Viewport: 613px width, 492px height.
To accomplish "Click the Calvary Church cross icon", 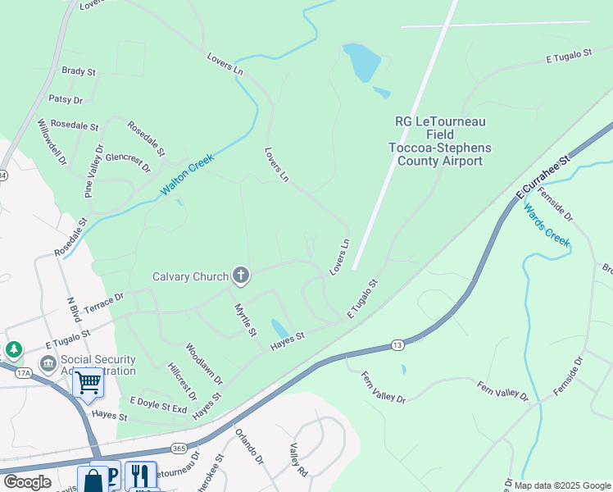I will pos(241,276).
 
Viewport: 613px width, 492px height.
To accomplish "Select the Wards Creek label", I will pos(546,224).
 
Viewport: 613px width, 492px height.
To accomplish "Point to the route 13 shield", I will pos(397,345).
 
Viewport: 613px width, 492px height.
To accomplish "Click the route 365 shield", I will pos(179,447).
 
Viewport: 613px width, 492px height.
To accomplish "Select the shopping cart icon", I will pos(88,382).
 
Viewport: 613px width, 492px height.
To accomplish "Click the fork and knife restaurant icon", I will pos(140,476).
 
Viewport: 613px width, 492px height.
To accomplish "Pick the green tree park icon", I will pos(14,351).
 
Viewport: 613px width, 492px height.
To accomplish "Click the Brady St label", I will pos(79,71).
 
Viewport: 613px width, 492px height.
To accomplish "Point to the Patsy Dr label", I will pos(66,100).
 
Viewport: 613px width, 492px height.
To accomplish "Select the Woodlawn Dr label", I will pos(204,364).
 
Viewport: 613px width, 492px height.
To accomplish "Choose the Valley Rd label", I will pos(297,460).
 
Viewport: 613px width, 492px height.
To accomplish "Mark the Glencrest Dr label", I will pos(128,162).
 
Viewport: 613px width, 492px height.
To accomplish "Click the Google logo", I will pos(27,482).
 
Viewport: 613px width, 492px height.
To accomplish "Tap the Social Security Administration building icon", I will pos(48,362).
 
